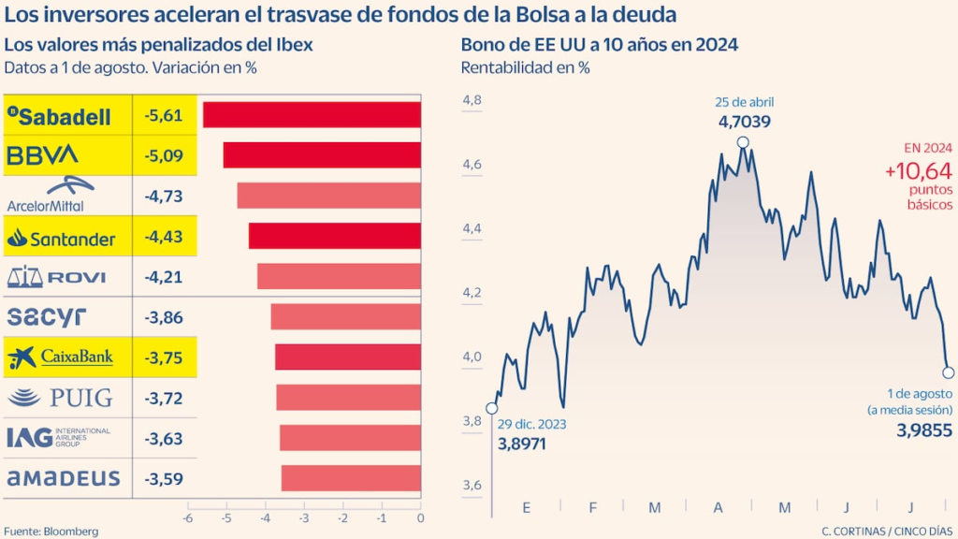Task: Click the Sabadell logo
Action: [59, 116]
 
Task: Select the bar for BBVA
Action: [322, 155]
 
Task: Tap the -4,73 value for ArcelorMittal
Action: [164, 196]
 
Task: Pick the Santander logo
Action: [61, 239]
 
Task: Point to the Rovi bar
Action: [339, 277]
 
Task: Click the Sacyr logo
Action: [47, 317]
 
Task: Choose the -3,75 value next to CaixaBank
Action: [164, 357]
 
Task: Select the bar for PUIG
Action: [348, 398]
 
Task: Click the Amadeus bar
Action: [351, 478]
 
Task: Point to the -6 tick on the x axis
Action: [187, 517]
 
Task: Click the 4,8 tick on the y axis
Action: [472, 101]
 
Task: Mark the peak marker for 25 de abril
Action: [743, 142]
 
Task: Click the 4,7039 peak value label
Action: [745, 122]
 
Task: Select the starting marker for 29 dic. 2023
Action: [492, 408]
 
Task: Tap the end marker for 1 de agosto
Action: [948, 372]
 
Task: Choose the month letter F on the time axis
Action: [591, 507]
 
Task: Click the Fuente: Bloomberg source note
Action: [51, 531]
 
